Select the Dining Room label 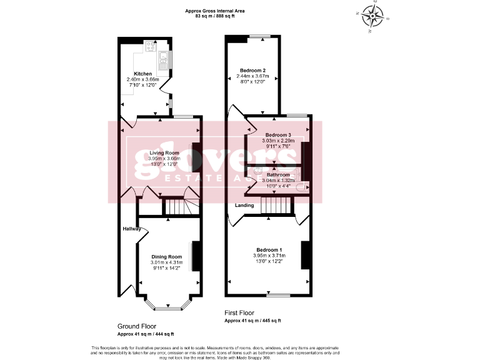click(166, 256)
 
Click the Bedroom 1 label click(269, 249)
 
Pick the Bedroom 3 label click(278, 135)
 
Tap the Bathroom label click(278, 174)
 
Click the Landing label click(244, 205)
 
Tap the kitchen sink click(164, 60)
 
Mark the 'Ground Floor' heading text click(137, 326)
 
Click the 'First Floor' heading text click(240, 312)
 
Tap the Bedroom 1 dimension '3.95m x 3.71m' click(269, 256)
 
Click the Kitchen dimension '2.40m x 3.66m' click(142, 79)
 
